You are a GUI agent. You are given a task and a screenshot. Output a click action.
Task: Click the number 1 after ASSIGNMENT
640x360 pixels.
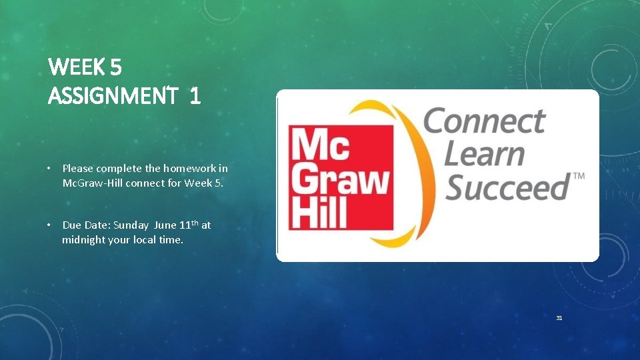[194, 97]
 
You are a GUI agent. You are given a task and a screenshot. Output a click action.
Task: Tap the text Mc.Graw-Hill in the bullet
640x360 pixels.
[91, 182]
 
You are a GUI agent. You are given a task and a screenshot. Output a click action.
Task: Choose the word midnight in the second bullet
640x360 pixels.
[85, 239]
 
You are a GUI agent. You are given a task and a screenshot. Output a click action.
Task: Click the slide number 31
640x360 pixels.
[559, 318]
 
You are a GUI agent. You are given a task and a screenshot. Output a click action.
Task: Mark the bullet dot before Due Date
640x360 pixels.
[51, 225]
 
